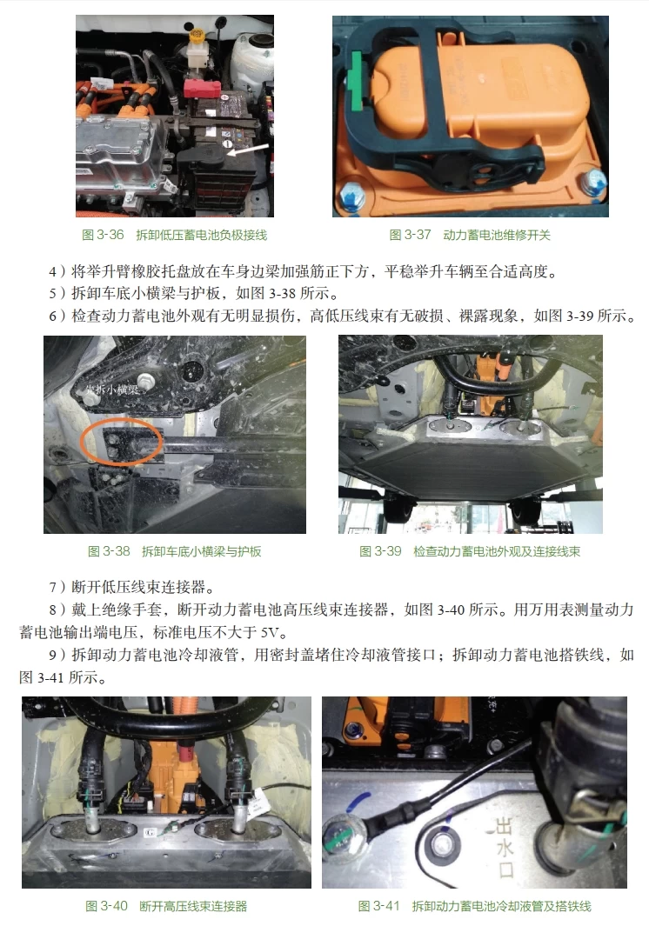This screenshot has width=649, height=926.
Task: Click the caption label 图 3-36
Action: tap(104, 235)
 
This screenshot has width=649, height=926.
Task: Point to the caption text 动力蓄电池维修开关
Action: tap(497, 235)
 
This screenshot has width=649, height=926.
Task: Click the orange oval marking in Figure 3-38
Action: tap(123, 444)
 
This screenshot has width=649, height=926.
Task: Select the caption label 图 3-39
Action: tap(380, 551)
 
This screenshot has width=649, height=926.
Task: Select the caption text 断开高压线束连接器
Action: tap(193, 906)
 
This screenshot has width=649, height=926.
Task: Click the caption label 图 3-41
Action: tap(378, 906)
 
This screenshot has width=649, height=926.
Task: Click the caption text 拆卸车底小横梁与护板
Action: tap(201, 551)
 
